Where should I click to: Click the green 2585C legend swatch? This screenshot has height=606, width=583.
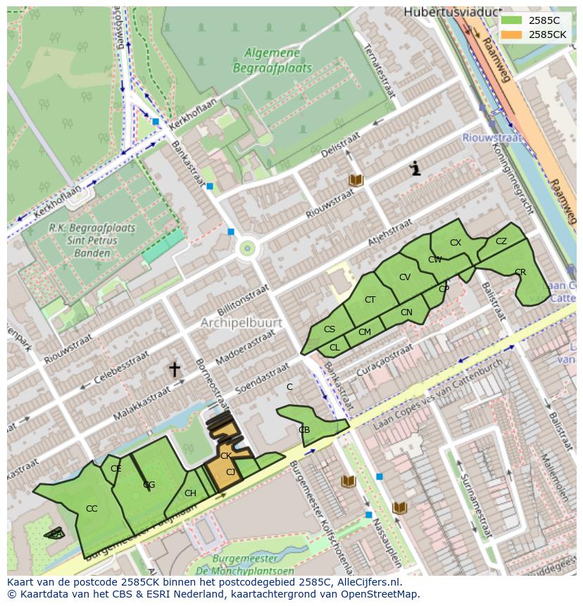[x=512, y=20]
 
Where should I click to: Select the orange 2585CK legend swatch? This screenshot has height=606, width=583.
[x=512, y=34]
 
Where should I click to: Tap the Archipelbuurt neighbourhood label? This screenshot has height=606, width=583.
[x=241, y=323]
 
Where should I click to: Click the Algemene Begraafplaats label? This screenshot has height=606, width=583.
[x=272, y=59]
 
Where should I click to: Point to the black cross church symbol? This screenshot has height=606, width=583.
[x=174, y=369]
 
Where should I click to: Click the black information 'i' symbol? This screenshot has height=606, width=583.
[x=415, y=168]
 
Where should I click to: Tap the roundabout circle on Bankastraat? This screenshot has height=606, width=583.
[x=247, y=248]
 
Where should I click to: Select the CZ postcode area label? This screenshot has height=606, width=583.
[x=501, y=241]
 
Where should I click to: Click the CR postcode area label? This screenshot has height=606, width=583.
[x=520, y=272]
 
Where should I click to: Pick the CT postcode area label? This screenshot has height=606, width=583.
[x=370, y=300]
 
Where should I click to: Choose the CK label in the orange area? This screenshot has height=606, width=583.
[x=225, y=456]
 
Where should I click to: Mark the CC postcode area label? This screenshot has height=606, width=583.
[x=92, y=509]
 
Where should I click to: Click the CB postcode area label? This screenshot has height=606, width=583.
[x=304, y=430]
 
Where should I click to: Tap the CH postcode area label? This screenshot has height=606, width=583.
[x=190, y=493]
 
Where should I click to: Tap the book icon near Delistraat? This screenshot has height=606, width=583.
[x=356, y=181]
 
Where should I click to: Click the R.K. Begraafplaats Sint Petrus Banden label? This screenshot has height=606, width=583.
[x=82, y=240]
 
